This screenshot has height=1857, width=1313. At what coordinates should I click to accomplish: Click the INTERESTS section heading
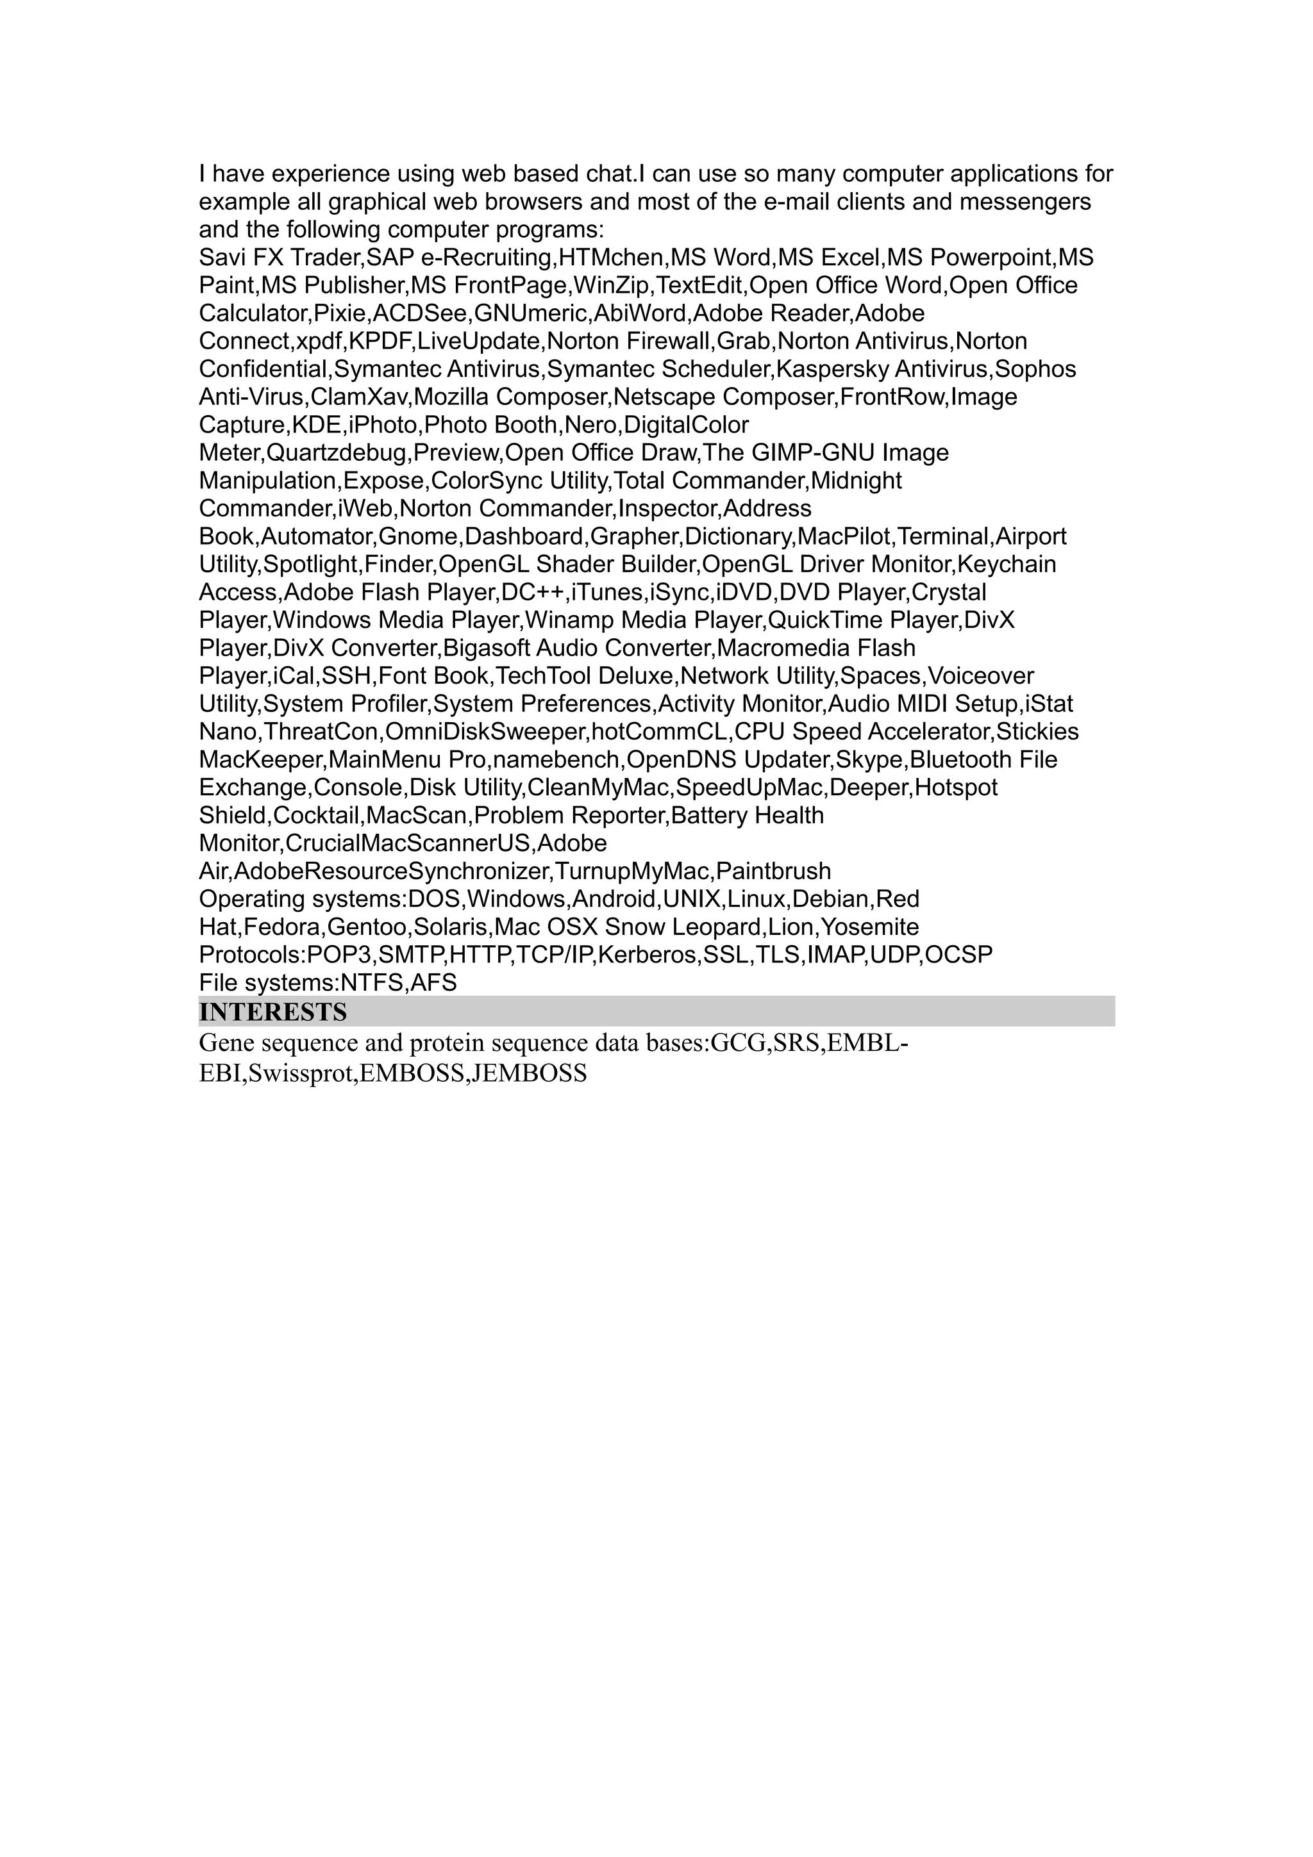click(x=272, y=1012)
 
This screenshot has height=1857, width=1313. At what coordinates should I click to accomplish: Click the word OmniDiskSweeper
click(x=485, y=732)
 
